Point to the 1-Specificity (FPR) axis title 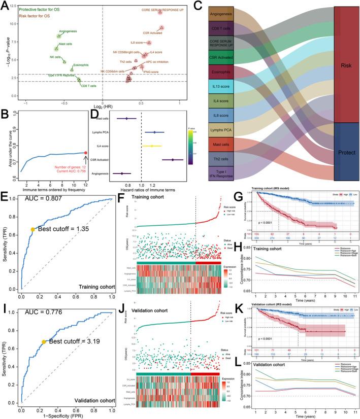click(x=67, y=415)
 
